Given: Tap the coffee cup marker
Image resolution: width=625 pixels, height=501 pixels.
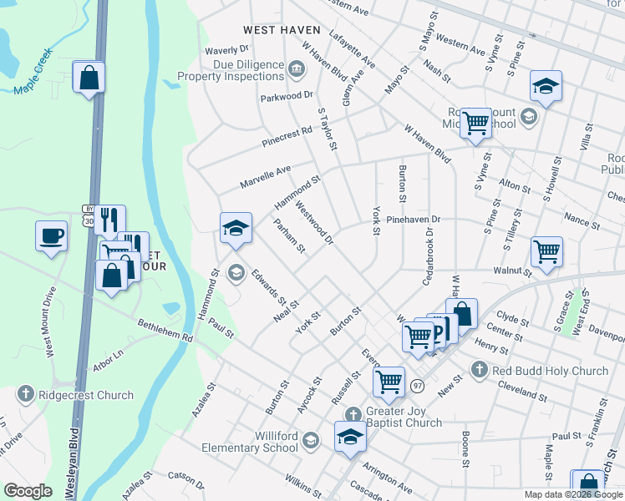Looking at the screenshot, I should [51, 235].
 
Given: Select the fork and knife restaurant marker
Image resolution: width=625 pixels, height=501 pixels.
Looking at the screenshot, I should [109, 220].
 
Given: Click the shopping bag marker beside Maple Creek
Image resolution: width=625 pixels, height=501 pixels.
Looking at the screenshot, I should [89, 78].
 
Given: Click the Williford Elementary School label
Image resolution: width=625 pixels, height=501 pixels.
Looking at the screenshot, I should [250, 441].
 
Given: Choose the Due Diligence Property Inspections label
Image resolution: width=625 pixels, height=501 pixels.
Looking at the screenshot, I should [233, 69].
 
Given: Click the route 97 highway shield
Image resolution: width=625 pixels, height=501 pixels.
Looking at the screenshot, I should [417, 385].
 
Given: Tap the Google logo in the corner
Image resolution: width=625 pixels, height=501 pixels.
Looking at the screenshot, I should [28, 491].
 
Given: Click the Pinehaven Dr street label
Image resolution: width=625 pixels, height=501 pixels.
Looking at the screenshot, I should [413, 220].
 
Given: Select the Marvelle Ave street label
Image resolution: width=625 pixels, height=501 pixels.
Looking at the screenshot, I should [266, 176].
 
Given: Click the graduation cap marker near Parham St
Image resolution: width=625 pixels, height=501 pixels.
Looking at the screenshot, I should [236, 228].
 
